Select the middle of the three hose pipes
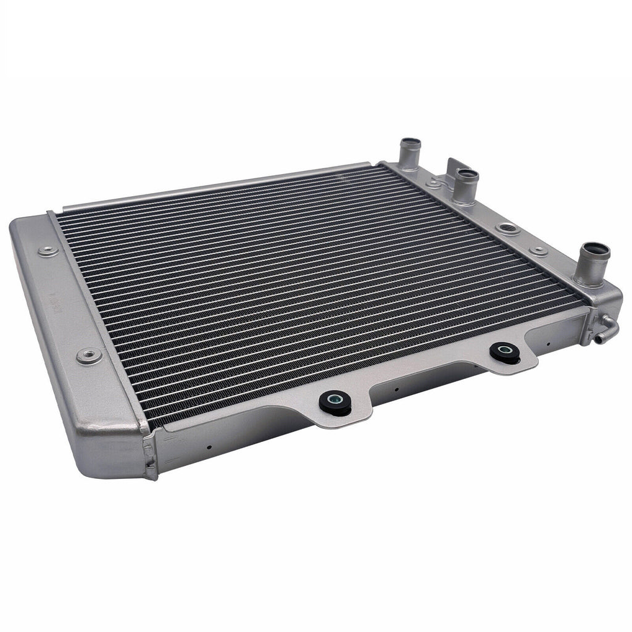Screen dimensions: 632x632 (465, 185)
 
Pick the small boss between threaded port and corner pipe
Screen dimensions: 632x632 (539, 251)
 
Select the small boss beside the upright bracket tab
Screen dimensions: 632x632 (434, 183)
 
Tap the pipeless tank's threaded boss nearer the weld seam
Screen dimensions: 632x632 (89, 355)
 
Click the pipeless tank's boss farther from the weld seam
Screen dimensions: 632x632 (48, 251)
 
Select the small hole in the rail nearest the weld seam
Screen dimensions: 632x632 (210, 446)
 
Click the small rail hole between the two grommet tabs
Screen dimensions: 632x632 (396, 389)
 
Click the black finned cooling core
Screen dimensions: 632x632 (309, 278)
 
